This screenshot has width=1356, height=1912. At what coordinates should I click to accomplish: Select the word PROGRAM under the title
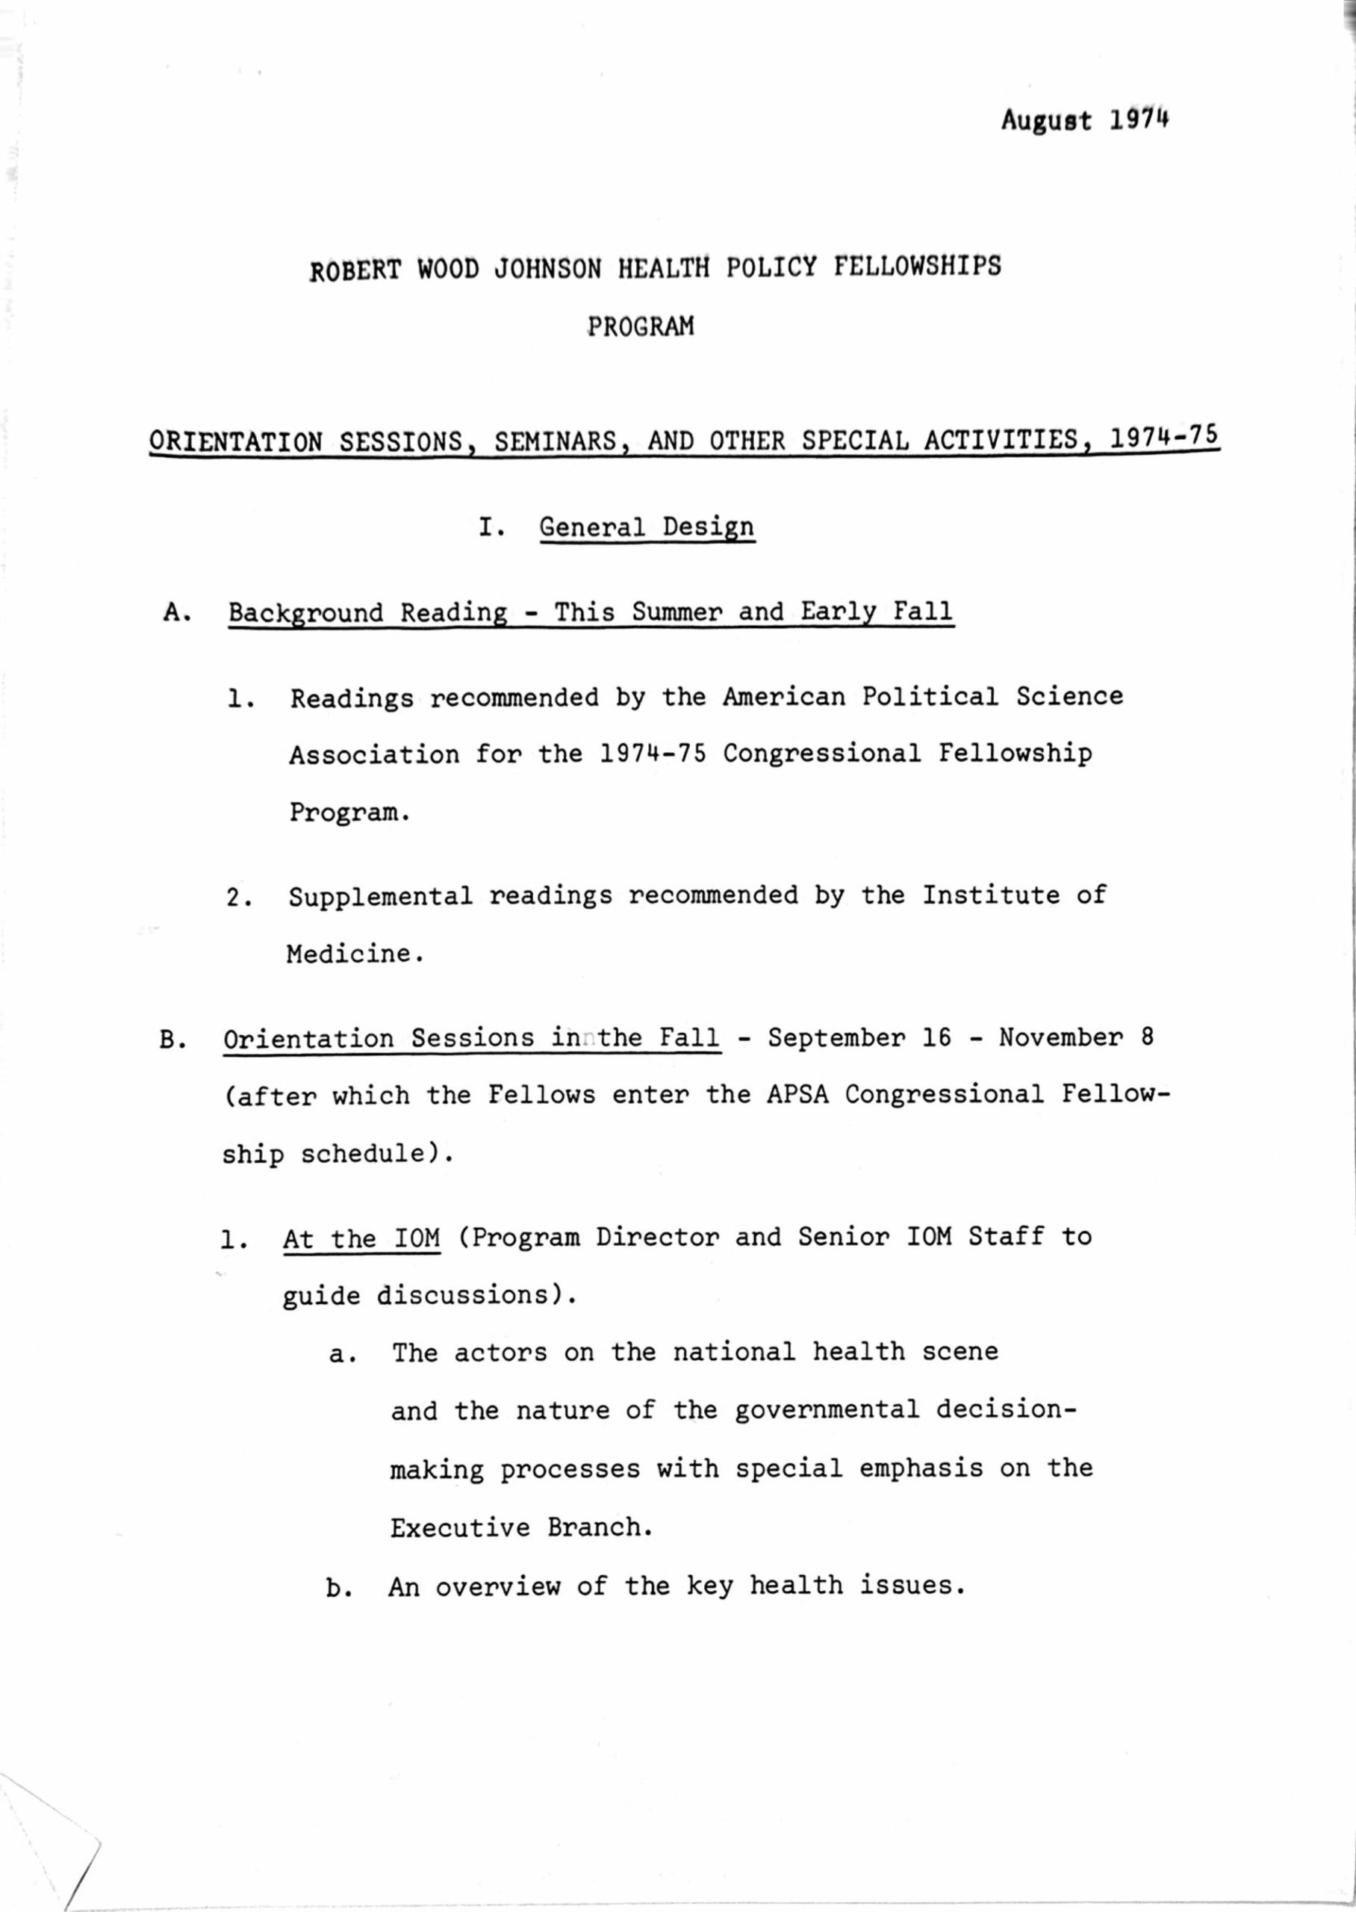coord(641,326)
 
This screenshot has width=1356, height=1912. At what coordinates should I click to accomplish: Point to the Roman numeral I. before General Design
coord(492,528)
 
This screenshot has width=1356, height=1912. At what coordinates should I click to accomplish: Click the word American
coord(783,696)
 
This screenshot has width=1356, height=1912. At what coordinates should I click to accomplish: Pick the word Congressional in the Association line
coord(822,753)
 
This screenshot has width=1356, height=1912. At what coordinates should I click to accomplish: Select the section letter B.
coord(172,1040)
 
